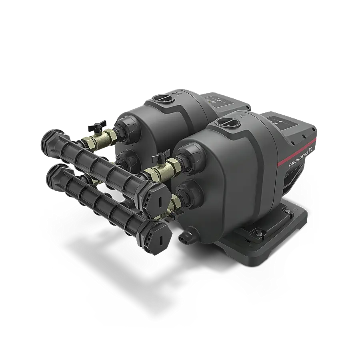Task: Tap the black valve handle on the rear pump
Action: [x=97, y=125]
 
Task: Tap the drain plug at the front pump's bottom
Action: [x=185, y=236]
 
